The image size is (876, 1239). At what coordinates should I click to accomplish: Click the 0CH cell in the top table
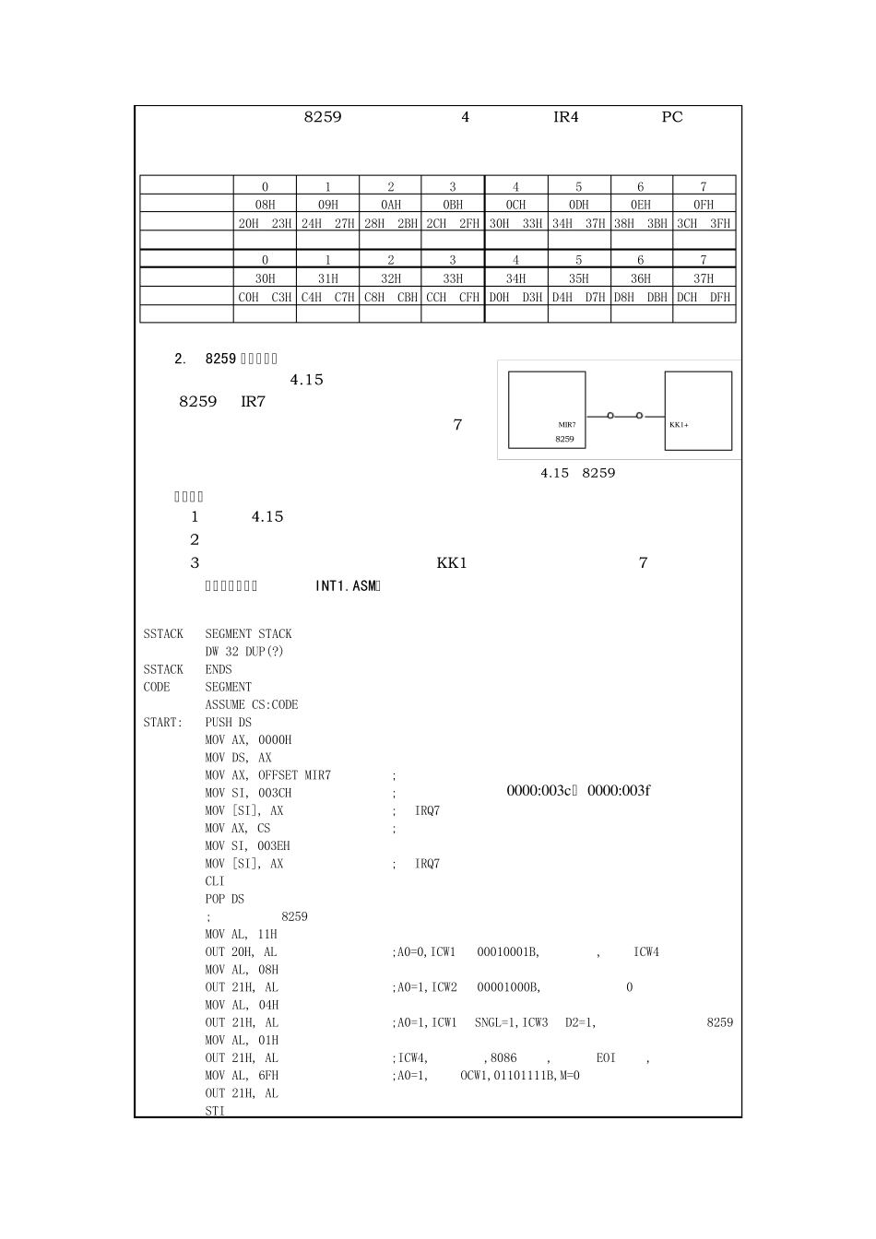515,205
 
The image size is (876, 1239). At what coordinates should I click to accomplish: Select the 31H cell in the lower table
327,278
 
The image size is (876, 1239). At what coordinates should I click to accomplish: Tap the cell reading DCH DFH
704,297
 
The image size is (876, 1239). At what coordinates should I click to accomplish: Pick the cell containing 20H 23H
265,223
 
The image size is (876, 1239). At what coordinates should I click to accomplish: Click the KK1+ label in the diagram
679,425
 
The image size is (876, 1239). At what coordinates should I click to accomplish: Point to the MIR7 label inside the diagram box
566,425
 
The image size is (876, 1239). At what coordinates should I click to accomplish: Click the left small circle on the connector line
610,416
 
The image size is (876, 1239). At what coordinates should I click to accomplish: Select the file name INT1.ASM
347,586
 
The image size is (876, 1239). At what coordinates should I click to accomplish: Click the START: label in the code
162,723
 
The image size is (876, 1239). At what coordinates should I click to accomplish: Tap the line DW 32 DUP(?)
244,652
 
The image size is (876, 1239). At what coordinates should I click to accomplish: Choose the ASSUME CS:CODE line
252,705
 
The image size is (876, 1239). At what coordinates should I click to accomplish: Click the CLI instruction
215,881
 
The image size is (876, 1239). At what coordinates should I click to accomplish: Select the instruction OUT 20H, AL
241,952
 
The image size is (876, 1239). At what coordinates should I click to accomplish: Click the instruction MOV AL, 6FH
242,1076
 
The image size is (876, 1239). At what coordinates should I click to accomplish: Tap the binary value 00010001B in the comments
508,952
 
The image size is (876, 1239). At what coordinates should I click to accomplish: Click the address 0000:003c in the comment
540,791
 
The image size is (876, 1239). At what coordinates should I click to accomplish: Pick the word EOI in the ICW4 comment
606,1058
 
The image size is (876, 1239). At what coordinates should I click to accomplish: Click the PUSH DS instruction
229,723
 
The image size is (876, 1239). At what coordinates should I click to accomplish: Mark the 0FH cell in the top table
704,205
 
